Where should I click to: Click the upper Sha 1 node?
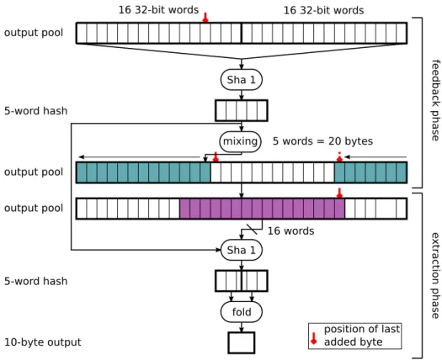242,80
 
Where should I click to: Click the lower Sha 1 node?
242,250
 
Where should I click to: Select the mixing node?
241,141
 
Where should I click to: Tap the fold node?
242,312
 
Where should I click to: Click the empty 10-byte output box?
242,342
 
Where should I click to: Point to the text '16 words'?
290,231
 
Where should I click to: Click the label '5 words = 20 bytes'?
322,141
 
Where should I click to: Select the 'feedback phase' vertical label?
435,100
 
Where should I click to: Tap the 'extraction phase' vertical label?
435,276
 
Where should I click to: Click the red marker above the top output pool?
205,17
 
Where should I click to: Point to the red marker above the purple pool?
339,193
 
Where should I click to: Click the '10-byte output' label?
43,342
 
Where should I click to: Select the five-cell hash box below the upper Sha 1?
242,110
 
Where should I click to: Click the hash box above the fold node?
242,281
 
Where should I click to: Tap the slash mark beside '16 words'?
252,229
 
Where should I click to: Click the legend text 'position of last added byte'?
362,336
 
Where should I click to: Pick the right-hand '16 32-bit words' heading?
323,10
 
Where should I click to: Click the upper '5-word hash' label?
36,111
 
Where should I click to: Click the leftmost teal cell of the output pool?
82,172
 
